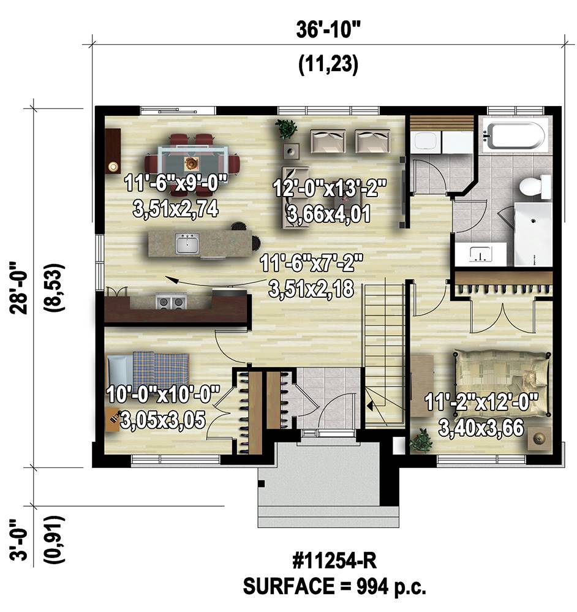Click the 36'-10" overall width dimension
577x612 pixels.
click(328, 31)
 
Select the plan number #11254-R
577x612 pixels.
click(334, 562)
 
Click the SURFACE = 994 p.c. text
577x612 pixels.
click(334, 586)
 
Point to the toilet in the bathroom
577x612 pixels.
click(535, 186)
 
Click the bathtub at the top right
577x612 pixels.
click(513, 136)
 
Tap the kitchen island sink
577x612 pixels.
click(187, 244)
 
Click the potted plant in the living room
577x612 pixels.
click(287, 129)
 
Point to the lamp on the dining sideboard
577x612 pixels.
click(113, 167)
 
